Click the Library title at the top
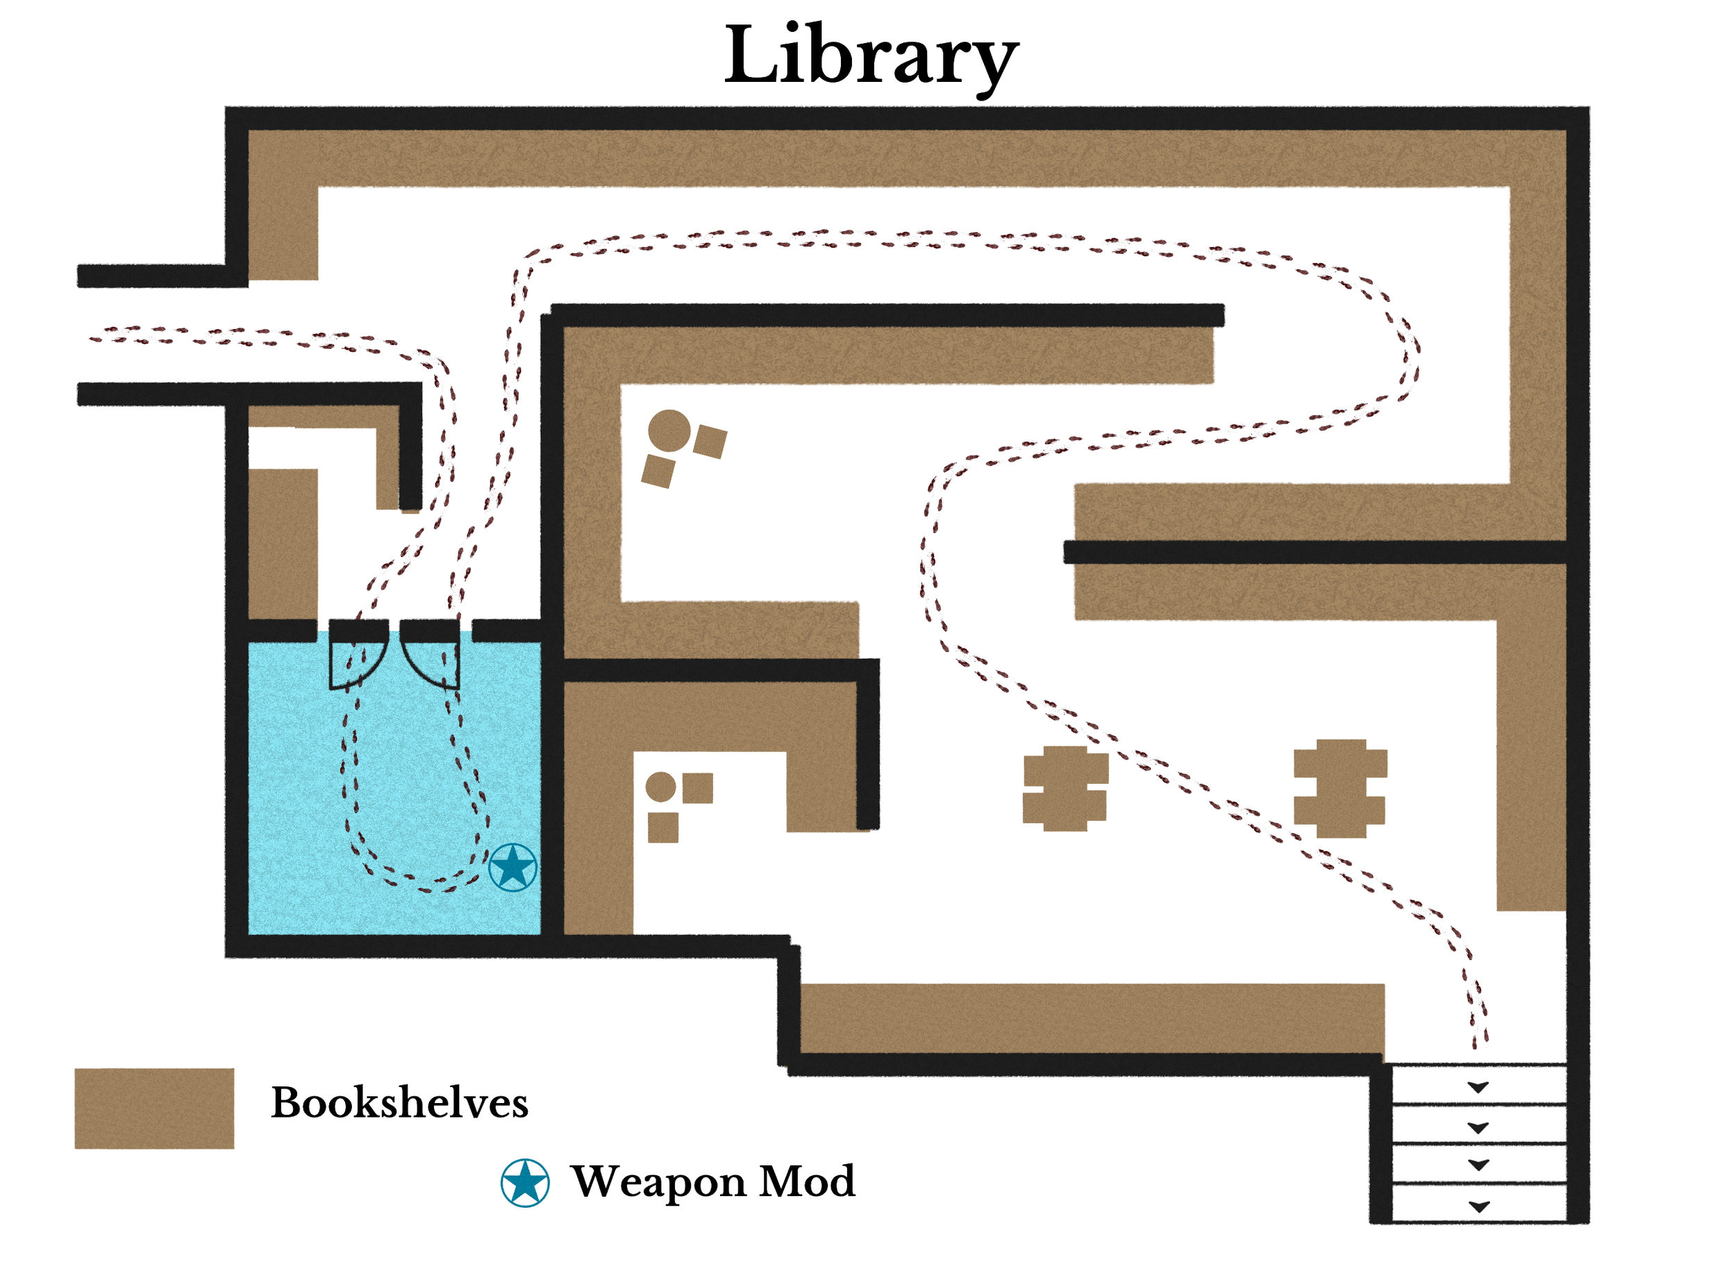tap(870, 58)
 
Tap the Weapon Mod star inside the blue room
tap(512, 868)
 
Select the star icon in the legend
tap(524, 1182)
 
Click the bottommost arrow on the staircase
tap(1479, 1207)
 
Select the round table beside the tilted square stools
tap(669, 430)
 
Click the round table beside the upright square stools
tap(660, 786)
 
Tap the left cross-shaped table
tap(1065, 789)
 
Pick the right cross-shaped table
tap(1339, 789)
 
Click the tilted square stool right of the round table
tap(710, 441)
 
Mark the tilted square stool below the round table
tap(658, 471)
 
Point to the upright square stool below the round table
tap(663, 827)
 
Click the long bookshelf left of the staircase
tap(1092, 1018)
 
